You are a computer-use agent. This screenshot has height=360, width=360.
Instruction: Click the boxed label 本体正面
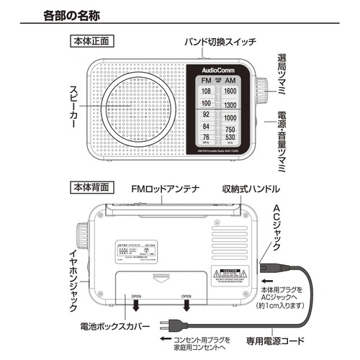click(90, 40)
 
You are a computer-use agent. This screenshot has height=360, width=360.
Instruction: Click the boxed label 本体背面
click(90, 186)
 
